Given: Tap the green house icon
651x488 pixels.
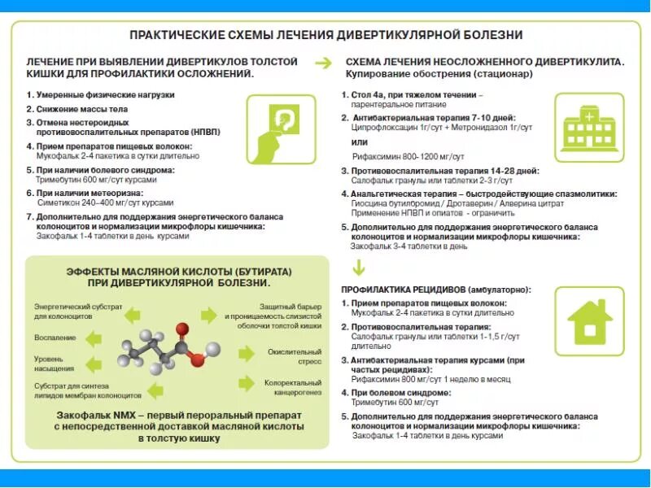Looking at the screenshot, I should point(590,321).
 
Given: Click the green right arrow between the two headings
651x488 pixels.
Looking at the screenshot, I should point(323,63).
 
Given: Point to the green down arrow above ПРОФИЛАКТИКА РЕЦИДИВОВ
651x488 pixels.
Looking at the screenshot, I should point(356,268).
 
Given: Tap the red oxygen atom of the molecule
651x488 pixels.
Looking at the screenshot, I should point(197,358).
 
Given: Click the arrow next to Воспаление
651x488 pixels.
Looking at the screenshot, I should point(94,338).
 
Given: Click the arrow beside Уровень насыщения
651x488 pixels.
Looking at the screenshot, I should point(94,362).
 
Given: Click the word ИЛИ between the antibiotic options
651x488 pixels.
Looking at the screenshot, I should point(360,142).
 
